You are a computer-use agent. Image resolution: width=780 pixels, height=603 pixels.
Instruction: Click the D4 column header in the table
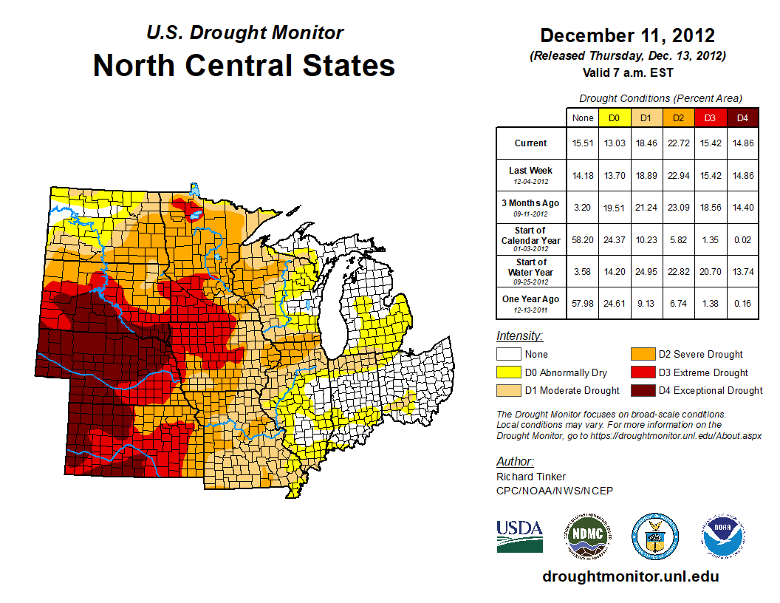tap(742, 117)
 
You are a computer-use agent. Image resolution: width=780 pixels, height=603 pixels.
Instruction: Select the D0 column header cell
tap(614, 117)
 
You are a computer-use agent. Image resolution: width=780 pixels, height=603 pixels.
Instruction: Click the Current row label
tap(531, 143)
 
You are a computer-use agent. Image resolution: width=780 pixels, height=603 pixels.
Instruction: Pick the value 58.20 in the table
tap(582, 240)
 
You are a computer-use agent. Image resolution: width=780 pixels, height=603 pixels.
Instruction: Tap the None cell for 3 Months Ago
tap(582, 208)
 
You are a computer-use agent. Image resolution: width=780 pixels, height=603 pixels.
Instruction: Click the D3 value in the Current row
tap(710, 143)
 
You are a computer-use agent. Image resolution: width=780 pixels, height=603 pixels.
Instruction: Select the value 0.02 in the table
tap(742, 240)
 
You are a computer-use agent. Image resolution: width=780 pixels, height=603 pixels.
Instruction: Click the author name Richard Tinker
tap(531, 477)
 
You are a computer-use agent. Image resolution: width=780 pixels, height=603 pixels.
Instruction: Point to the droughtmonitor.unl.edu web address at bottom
tap(630, 576)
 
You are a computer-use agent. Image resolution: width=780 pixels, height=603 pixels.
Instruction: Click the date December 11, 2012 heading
tap(627, 35)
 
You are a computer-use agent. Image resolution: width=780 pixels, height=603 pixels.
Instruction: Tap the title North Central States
tap(244, 66)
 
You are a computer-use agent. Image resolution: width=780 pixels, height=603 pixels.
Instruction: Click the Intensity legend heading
tap(519, 336)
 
